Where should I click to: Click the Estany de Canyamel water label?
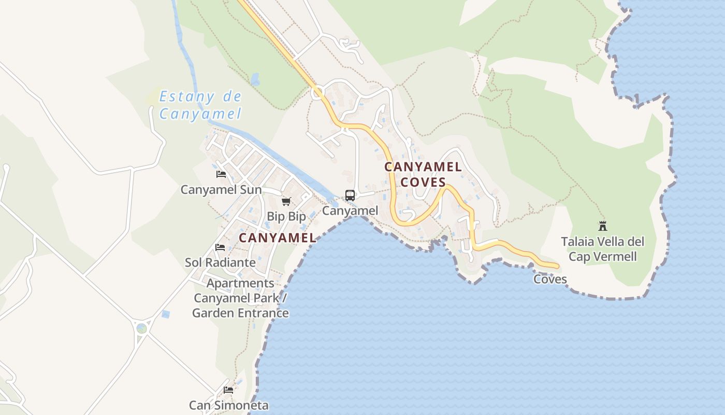(200, 105)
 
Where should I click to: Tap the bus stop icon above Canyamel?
(350, 196)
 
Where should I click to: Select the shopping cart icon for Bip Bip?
(286, 201)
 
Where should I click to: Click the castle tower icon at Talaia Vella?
(602, 226)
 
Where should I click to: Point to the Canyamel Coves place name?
(423, 174)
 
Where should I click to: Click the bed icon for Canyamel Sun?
(221, 174)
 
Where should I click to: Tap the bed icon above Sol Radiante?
(220, 247)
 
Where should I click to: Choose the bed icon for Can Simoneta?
(228, 390)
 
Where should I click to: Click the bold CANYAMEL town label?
(277, 238)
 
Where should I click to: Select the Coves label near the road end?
(550, 280)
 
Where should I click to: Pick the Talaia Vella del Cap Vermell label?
(603, 249)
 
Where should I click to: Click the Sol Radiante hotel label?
(220, 262)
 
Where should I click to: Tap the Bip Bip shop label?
(286, 216)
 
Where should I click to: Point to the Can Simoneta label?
(228, 405)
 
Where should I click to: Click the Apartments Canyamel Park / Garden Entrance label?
(240, 298)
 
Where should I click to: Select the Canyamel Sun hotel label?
(221, 190)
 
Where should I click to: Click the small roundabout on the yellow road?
(317, 93)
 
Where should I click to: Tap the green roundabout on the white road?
(141, 328)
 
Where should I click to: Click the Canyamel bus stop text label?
(350, 211)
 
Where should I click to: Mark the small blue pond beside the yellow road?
(255, 79)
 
